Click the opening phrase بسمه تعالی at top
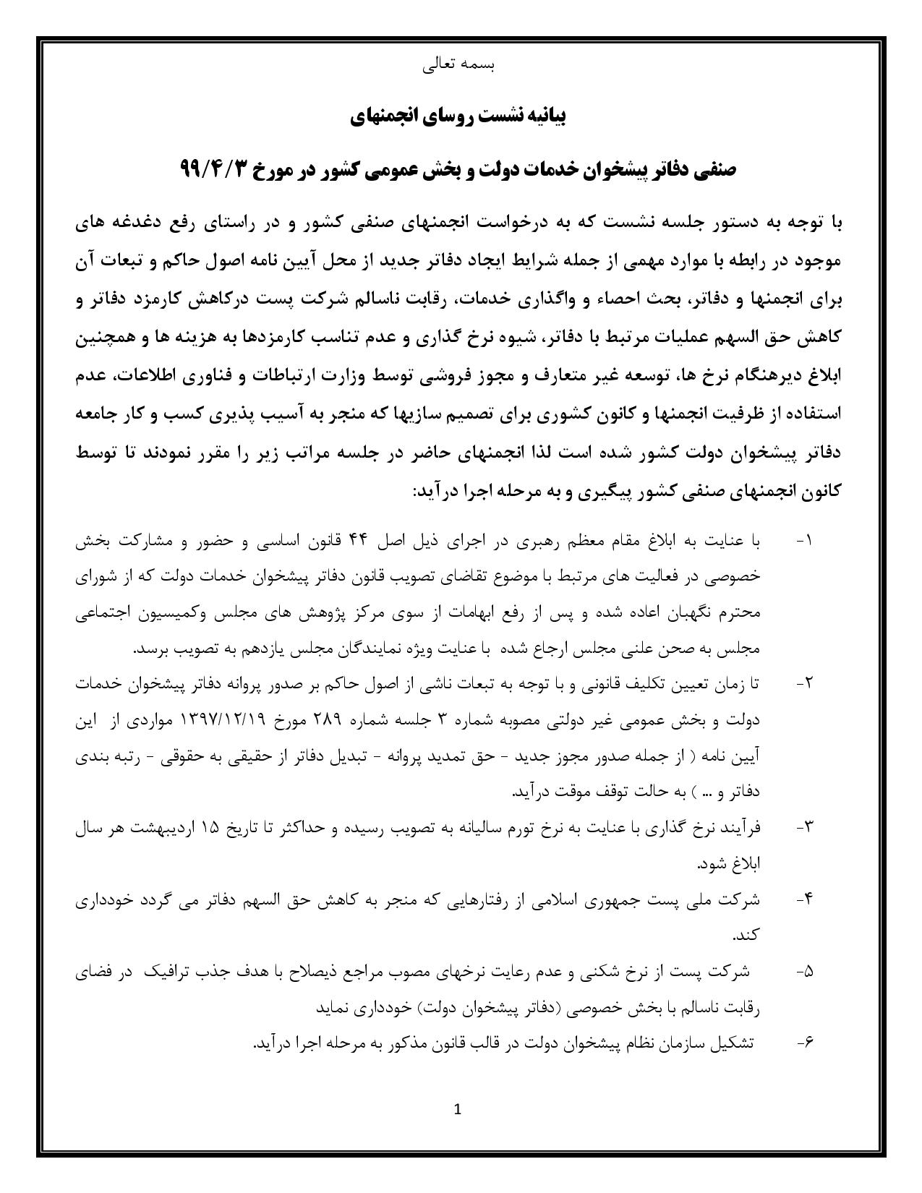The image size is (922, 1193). [x=458, y=65]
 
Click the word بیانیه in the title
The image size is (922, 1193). [x=543, y=117]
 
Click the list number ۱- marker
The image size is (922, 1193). [x=804, y=541]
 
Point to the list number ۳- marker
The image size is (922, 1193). [x=804, y=827]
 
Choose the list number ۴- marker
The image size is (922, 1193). [x=804, y=899]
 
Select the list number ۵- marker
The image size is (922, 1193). [x=804, y=972]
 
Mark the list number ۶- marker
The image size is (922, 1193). [x=804, y=1043]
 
